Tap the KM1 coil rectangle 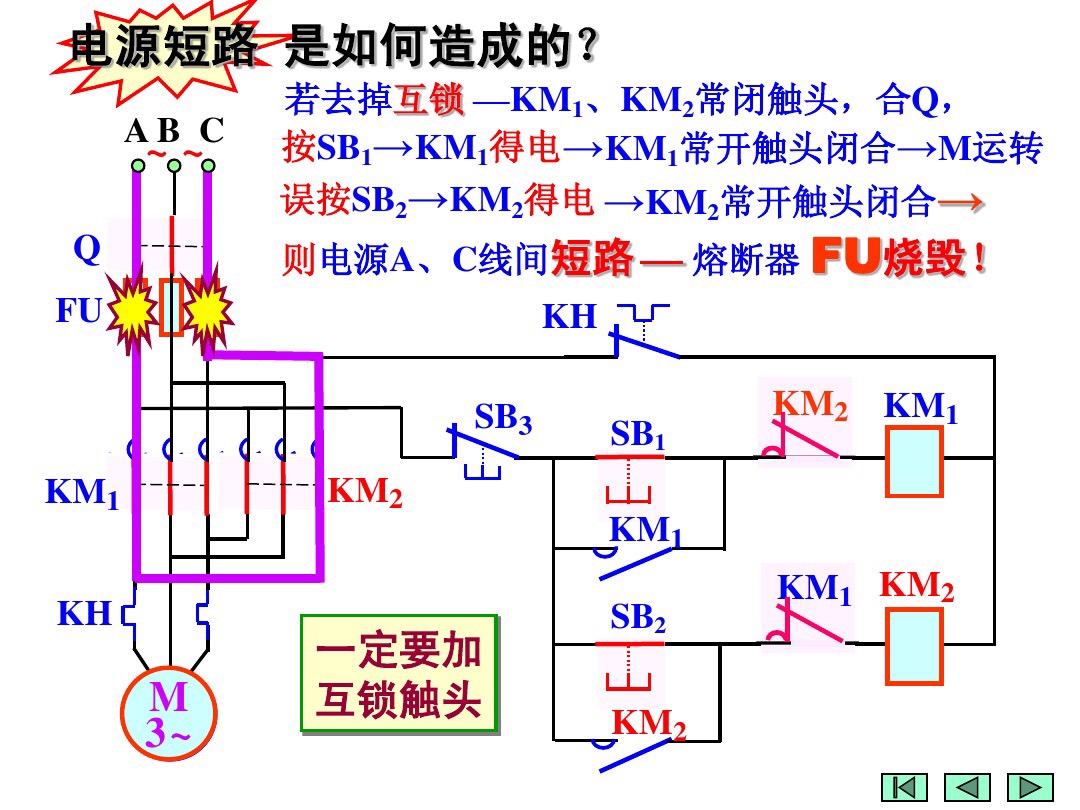pos(912,461)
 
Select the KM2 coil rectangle pos(912,646)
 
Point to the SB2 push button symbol pos(630,666)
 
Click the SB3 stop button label pos(502,418)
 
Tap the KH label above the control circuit pos(569,318)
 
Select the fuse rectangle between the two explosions pos(171,308)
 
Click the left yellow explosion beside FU pos(131,314)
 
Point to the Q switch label pos(87,250)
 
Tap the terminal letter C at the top pos(211,131)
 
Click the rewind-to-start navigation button pos(904,787)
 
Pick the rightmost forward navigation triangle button pos(1030,787)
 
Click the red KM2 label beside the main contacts pos(365,492)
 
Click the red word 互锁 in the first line pos(429,100)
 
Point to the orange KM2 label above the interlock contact pos(810,405)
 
